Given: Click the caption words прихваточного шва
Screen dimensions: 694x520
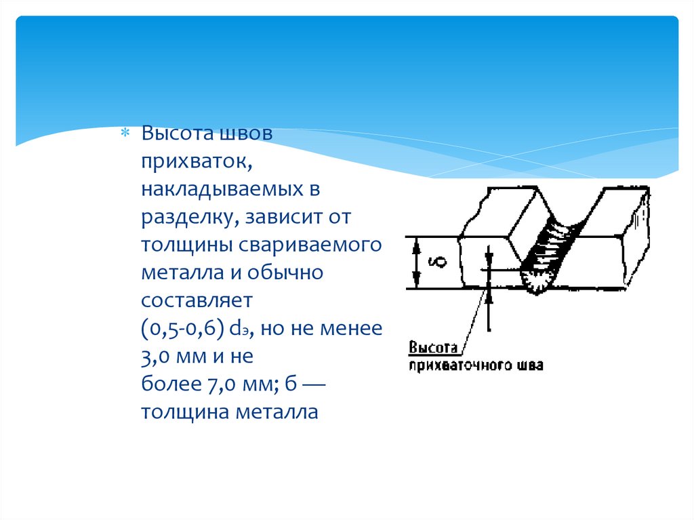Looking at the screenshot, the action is pyautogui.click(x=475, y=365).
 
